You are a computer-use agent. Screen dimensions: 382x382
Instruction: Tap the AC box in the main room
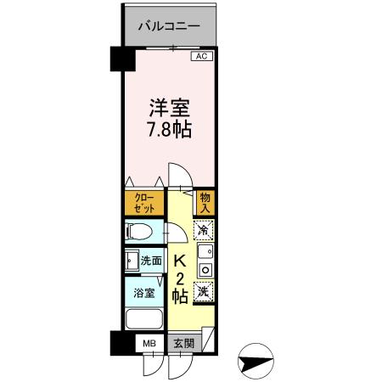click(201, 57)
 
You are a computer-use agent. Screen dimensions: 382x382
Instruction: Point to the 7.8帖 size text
click(169, 131)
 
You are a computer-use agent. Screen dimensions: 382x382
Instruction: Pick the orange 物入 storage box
click(205, 203)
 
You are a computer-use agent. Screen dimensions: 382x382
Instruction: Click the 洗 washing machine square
click(204, 291)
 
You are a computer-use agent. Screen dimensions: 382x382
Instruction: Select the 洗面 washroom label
click(151, 261)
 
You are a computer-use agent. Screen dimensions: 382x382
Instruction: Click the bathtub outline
click(143, 322)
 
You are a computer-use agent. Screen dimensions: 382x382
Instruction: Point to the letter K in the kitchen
click(179, 261)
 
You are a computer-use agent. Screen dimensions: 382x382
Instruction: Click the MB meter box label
click(149, 344)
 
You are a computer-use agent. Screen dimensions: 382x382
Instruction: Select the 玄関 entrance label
click(183, 344)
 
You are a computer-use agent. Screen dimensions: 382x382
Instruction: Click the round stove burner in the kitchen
click(205, 269)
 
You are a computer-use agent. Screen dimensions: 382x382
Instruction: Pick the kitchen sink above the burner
click(205, 252)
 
